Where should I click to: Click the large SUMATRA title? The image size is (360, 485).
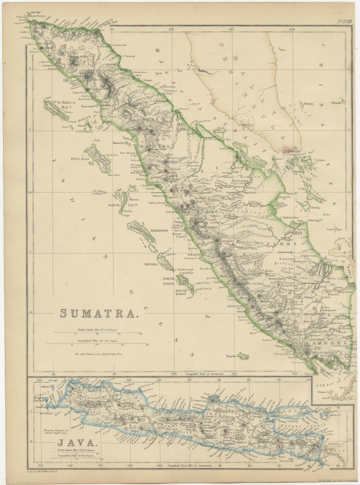coord(99,314)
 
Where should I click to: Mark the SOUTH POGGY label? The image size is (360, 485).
coord(182,292)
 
